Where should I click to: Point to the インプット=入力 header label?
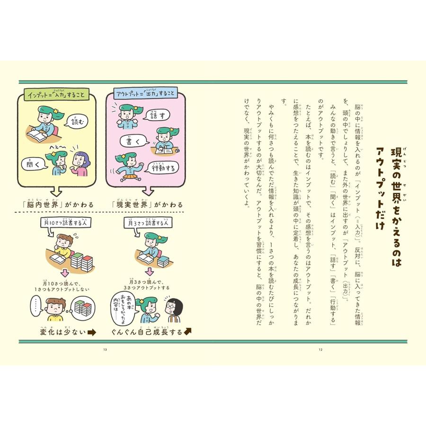pos(56,95)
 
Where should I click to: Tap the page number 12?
pos(320,350)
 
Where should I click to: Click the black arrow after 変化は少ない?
pos(91,332)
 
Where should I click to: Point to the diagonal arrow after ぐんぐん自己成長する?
pos(187,331)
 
